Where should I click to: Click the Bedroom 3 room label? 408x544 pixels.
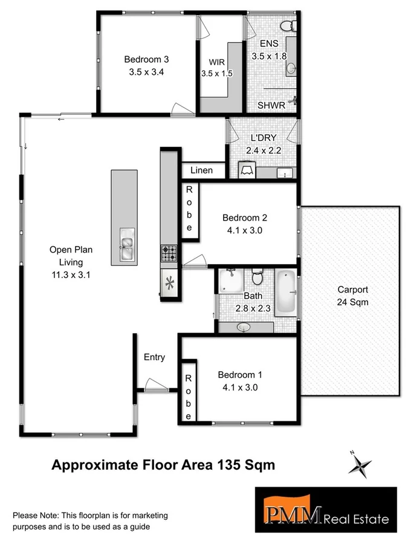point(146,59)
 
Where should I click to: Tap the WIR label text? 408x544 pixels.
point(217,62)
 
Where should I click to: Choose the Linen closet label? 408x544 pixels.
point(201,170)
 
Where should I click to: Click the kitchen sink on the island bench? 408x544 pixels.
point(126,244)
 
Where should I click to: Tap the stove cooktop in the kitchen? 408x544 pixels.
point(169,253)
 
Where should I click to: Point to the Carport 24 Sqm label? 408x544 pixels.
point(353,296)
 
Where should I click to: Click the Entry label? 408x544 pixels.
point(154,357)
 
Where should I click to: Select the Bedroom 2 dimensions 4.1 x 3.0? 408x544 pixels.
point(244,230)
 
